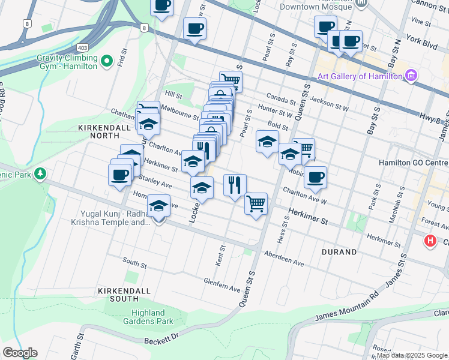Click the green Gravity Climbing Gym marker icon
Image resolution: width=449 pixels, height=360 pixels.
(x=107, y=61)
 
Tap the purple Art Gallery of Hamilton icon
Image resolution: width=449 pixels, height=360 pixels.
(x=411, y=76)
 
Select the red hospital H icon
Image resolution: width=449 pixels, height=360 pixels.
(x=430, y=241)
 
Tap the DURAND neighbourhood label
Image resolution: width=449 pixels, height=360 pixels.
(x=339, y=252)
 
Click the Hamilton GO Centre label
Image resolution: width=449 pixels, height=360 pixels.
(x=413, y=163)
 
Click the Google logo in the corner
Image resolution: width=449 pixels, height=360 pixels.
(x=20, y=352)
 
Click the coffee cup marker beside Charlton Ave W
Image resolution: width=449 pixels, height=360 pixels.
(x=315, y=178)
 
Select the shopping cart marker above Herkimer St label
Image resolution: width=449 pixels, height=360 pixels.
(x=256, y=203)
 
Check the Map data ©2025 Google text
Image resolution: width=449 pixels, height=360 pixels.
(x=412, y=355)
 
